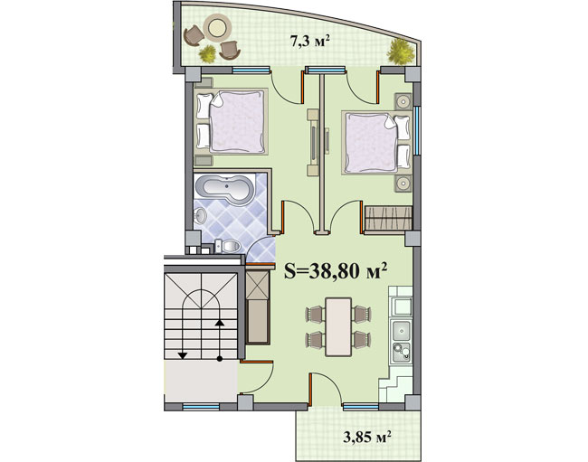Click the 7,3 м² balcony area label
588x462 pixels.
pyautogui.click(x=310, y=41)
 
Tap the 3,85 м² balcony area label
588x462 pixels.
pyautogui.click(x=367, y=437)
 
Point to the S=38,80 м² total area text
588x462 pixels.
pyautogui.click(x=336, y=270)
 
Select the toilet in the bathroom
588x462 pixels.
pyautogui.click(x=228, y=246)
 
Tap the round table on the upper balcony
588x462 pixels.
pyautogui.click(x=216, y=26)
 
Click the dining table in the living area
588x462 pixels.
pyautogui.click(x=338, y=326)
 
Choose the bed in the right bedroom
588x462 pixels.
pyautogui.click(x=376, y=143)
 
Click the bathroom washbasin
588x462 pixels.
pyautogui.click(x=200, y=216)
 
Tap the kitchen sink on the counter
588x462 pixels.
pyautogui.click(x=402, y=331)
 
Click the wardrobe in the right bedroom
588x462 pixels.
pyautogui.click(x=388, y=218)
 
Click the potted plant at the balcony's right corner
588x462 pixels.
pyautogui.click(x=401, y=52)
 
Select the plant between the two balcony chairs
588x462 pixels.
pyautogui.click(x=208, y=53)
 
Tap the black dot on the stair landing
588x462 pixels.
pyautogui.click(x=220, y=359)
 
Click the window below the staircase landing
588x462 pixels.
pyautogui.click(x=201, y=407)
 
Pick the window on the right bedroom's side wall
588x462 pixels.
pyautogui.click(x=416, y=131)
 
